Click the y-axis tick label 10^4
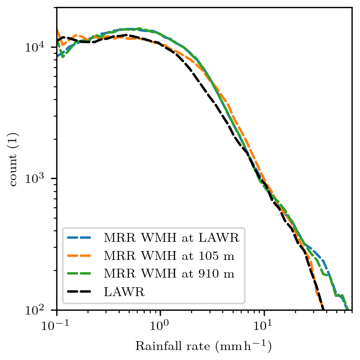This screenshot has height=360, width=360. point(35,47)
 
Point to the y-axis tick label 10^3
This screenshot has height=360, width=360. point(35,178)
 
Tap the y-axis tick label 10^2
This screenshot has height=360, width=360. point(35,310)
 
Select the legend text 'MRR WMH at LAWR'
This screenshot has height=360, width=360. point(171,238)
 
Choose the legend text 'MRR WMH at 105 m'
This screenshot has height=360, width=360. point(169,256)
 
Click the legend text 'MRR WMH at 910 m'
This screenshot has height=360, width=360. point(169,274)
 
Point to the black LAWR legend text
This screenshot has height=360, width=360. point(124,292)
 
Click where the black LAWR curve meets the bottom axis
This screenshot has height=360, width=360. point(323,309)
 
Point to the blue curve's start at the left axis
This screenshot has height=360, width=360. point(57,56)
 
